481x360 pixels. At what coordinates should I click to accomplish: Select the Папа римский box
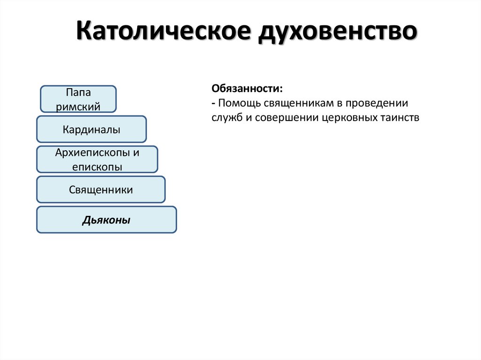click(x=78, y=99)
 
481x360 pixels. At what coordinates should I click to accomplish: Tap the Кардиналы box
click(x=92, y=129)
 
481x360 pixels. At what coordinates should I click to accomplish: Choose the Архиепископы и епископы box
click(x=97, y=159)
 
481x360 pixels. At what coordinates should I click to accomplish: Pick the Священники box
click(x=101, y=190)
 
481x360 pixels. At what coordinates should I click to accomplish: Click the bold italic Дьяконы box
click(x=107, y=220)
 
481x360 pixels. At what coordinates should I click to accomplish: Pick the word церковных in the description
click(x=349, y=117)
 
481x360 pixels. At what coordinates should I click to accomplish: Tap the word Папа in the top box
click(x=78, y=93)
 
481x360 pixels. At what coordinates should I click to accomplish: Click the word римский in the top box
click(x=78, y=106)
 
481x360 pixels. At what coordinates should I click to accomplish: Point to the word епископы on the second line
click(x=97, y=166)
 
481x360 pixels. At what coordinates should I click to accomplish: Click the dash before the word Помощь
click(x=213, y=103)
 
